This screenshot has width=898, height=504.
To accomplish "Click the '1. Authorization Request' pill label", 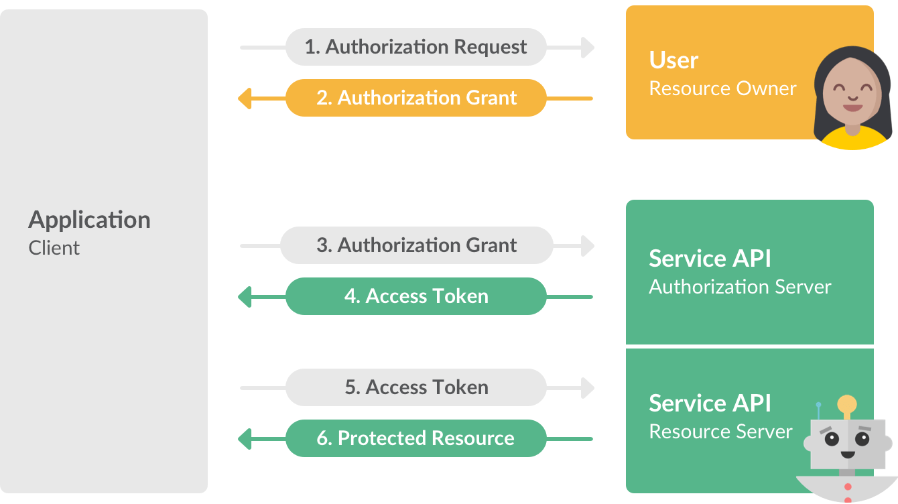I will pyautogui.click(x=415, y=47).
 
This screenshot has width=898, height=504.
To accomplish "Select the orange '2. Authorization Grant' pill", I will pyautogui.click(x=415, y=98).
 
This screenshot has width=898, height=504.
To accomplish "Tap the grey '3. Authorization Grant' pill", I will pyautogui.click(x=415, y=245).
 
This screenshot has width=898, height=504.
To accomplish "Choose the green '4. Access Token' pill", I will pyautogui.click(x=415, y=296).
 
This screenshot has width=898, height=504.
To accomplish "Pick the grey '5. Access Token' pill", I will pyautogui.click(x=415, y=387).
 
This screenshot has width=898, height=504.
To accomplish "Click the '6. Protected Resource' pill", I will pyautogui.click(x=415, y=438).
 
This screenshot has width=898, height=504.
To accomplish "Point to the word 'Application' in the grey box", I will pyautogui.click(x=89, y=220).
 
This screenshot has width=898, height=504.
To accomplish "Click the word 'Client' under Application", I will pyautogui.click(x=54, y=248).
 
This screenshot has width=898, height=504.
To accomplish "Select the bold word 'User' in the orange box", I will pyautogui.click(x=673, y=60).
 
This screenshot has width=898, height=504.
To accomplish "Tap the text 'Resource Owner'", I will pyautogui.click(x=722, y=88).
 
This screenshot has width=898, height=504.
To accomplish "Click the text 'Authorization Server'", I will pyautogui.click(x=740, y=287).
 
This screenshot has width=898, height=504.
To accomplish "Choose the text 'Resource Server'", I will pyautogui.click(x=720, y=432).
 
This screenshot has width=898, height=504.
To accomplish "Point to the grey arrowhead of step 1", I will pyautogui.click(x=588, y=48).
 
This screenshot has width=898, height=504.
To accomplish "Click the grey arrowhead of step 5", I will pyautogui.click(x=588, y=388).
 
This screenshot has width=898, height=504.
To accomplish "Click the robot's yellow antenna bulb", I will pyautogui.click(x=847, y=404).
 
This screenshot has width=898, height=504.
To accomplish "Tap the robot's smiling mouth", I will pyautogui.click(x=847, y=454).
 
